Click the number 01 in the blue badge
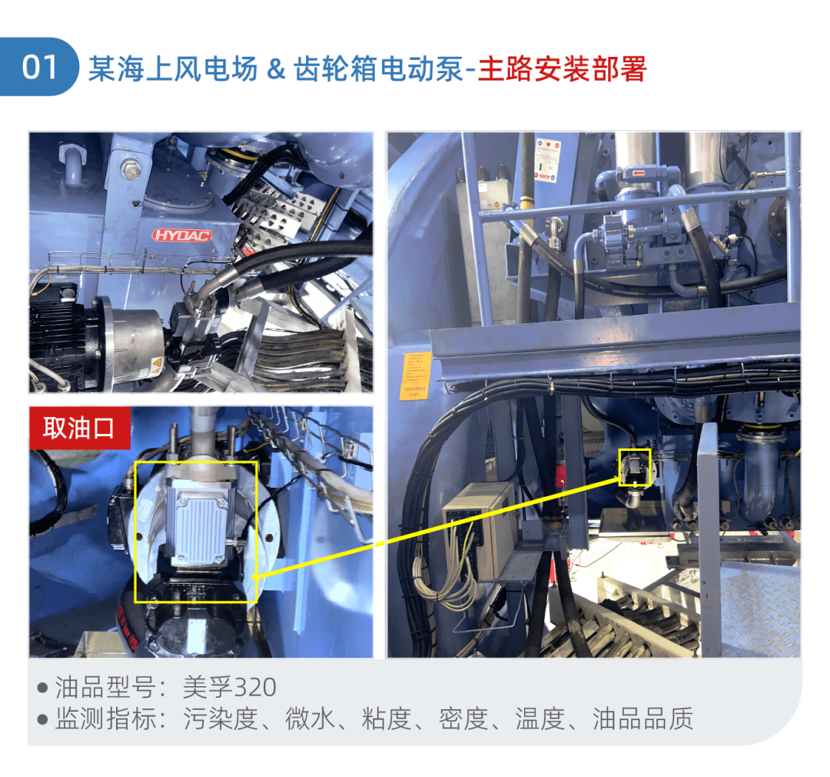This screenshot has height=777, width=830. point(40,68)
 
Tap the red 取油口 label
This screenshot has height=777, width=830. point(78,428)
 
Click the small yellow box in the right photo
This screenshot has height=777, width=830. point(635,468)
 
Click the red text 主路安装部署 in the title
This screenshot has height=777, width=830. point(562,69)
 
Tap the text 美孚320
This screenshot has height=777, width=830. point(230,687)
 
